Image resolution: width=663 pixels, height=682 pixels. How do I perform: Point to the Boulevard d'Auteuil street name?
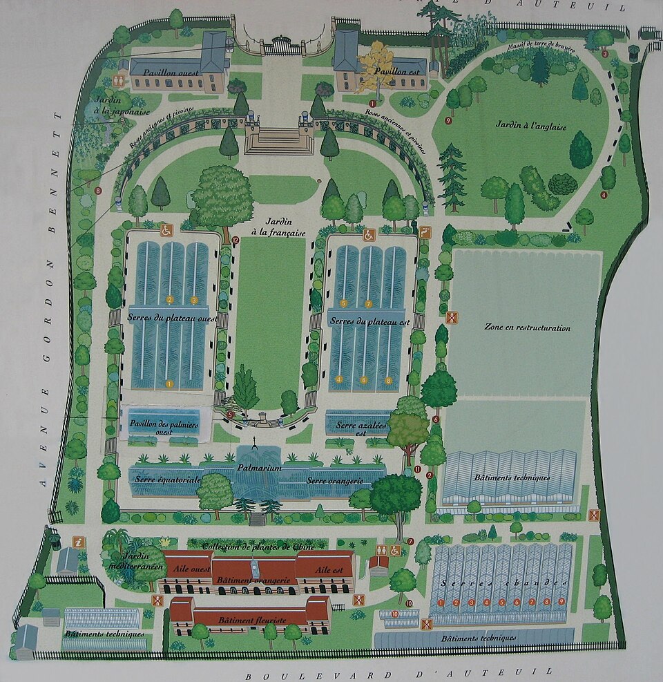(x=398, y=672)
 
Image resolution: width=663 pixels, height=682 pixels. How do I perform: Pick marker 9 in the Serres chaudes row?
(x=561, y=602)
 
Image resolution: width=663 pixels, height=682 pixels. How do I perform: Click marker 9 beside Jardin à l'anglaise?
(x=448, y=120)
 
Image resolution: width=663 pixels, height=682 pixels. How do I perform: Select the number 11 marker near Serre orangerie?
(x=417, y=470)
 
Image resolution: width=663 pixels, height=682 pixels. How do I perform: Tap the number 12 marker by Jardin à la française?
(x=236, y=240)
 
